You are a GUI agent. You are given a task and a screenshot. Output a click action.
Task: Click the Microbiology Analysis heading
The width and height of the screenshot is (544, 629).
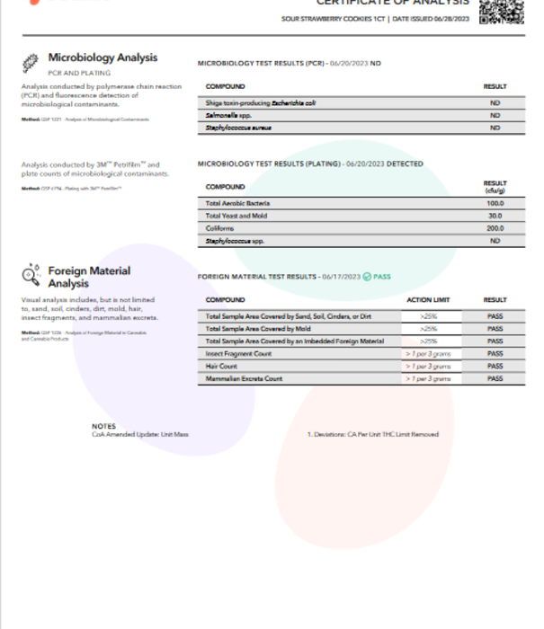(103, 58)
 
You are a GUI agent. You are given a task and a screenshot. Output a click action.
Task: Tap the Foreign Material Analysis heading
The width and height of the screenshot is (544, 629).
(89, 277)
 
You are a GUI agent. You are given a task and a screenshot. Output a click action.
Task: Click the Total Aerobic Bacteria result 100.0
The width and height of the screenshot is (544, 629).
(495, 204)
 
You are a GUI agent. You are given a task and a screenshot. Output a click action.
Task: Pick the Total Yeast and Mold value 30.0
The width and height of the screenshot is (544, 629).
(495, 216)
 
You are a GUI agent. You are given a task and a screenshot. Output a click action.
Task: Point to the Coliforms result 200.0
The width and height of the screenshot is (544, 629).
(495, 228)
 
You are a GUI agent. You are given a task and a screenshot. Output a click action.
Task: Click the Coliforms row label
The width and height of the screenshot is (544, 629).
(221, 228)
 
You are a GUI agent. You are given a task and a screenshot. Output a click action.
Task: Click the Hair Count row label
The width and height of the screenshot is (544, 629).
(222, 367)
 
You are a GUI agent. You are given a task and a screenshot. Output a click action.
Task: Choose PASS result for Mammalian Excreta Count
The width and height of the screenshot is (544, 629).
(495, 379)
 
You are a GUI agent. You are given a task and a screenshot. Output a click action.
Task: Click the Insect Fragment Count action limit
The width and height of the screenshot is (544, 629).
(427, 354)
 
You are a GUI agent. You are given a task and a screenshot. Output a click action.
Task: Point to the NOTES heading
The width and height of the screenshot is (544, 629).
(103, 426)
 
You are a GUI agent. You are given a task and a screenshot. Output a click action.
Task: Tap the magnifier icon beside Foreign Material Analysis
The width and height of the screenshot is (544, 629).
(31, 272)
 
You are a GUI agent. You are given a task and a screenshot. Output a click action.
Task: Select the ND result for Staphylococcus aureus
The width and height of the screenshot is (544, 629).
(495, 128)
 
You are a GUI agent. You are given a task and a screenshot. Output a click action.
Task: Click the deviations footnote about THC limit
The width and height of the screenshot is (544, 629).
(373, 435)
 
